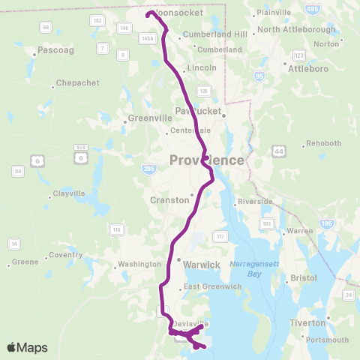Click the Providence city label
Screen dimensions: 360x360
(x=207, y=160)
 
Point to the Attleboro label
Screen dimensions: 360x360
(x=309, y=67)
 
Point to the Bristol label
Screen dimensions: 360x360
(x=305, y=277)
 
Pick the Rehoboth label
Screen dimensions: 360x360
(x=324, y=143)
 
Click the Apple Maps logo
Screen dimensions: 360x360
(x=28, y=347)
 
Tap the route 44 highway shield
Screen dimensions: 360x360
(x=280, y=151)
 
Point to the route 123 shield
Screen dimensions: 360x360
(x=299, y=55)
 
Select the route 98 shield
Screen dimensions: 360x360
(x=46, y=27)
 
